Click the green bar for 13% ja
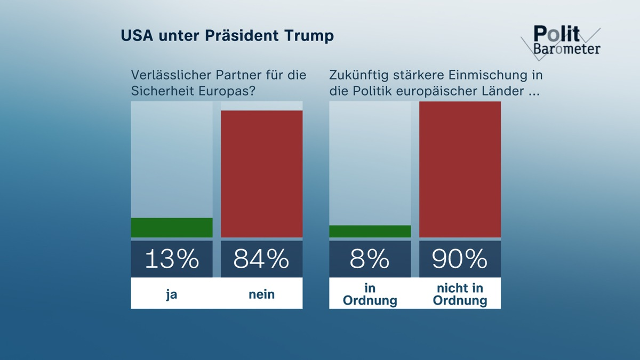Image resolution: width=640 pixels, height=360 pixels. pos(172,228)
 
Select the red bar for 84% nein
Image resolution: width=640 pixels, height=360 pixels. pos(261,174)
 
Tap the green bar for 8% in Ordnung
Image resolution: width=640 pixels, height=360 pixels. pos(370,231)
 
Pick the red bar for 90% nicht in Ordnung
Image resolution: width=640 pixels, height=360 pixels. pos(460,170)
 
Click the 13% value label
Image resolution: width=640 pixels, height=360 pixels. pos(172,259)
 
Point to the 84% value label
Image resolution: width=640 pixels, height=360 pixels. pos(261,259)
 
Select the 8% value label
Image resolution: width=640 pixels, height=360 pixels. pos(370,259)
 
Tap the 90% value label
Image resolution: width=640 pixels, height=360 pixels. pos(460,259)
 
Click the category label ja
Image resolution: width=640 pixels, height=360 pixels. pos(172,293)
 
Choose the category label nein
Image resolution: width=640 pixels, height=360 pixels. pos(261,293)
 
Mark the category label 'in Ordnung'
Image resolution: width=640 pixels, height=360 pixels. pos(370,294)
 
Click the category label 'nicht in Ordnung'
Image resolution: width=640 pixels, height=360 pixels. pos(460,294)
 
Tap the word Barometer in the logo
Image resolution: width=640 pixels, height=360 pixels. pos(567,49)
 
